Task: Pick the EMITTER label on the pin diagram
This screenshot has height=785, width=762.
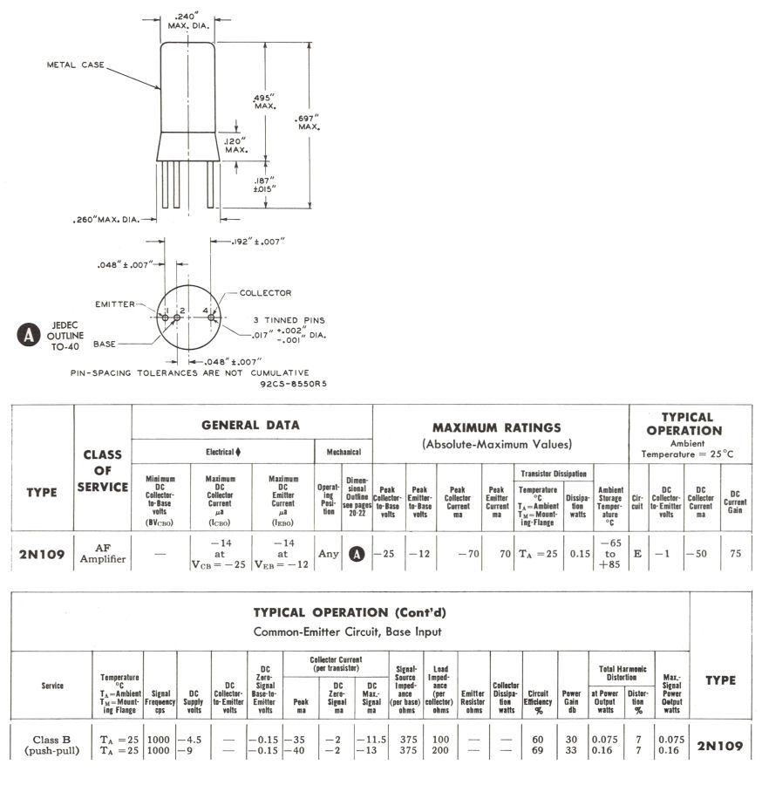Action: [117, 304]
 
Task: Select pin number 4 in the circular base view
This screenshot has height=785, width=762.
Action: [205, 310]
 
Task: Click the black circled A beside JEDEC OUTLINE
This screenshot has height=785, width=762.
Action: [29, 332]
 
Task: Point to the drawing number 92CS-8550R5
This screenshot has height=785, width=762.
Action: [291, 383]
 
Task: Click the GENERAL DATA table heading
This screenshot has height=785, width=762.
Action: [250, 425]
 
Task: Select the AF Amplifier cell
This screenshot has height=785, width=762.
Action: [103, 553]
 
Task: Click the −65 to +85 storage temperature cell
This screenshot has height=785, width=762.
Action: [610, 553]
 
